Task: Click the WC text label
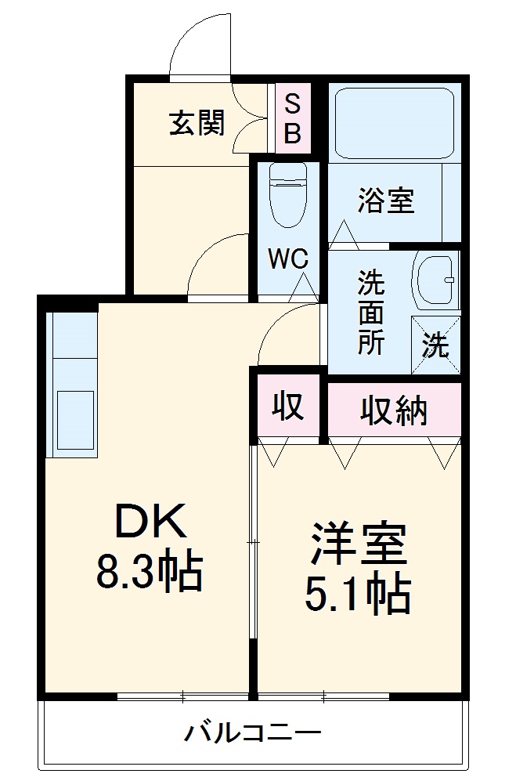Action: pyautogui.click(x=288, y=259)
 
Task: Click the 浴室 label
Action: pyautogui.click(x=385, y=201)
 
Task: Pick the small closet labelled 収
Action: pyautogui.click(x=287, y=407)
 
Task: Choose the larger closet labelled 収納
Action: pyautogui.click(x=394, y=409)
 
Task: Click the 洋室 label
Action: pyautogui.click(x=359, y=546)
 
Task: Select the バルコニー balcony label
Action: pyautogui.click(x=253, y=733)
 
